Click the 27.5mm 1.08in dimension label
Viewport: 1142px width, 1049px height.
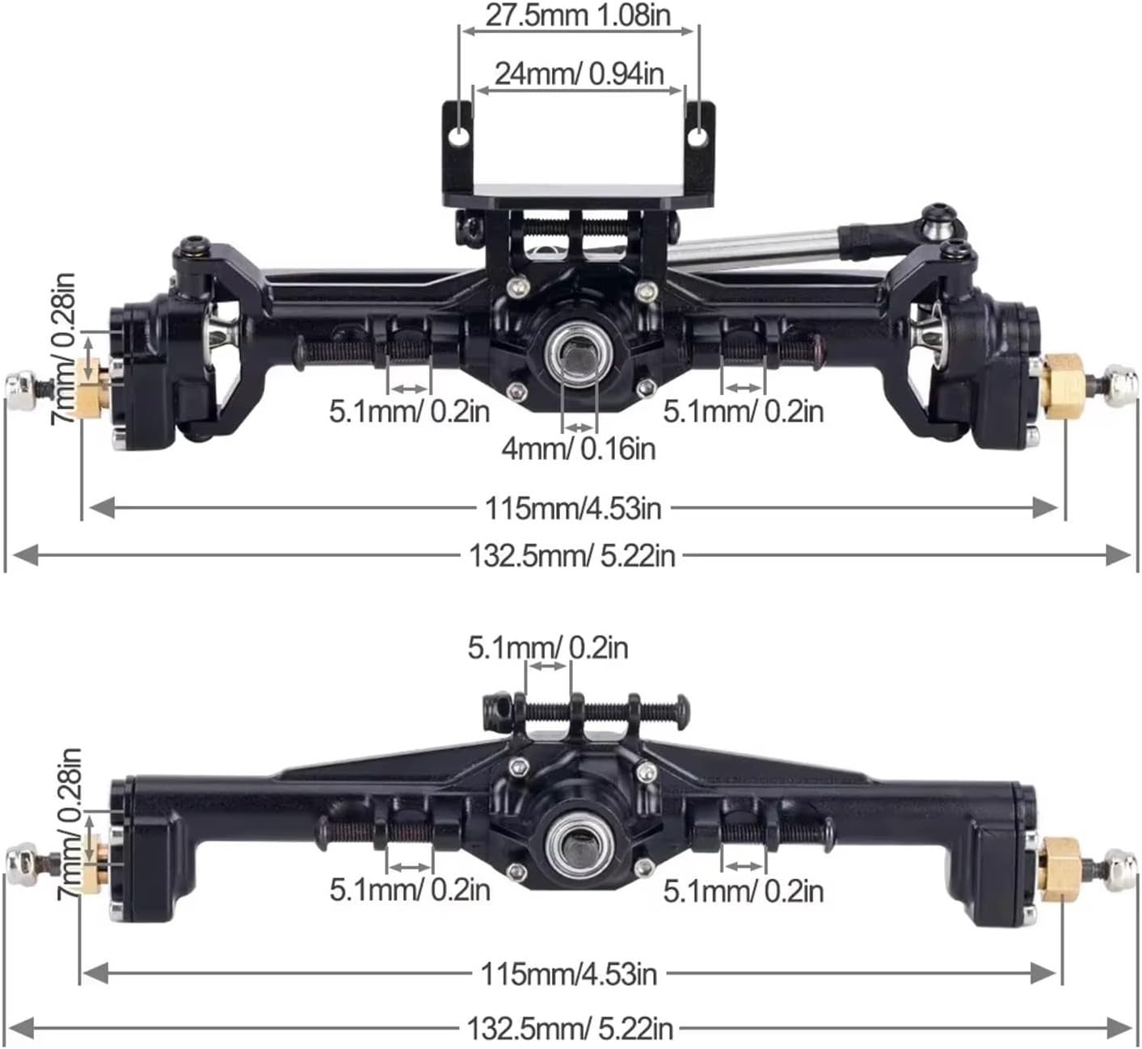click(578, 15)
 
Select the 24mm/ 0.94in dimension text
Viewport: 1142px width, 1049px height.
click(579, 74)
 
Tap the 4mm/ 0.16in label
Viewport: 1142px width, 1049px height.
click(578, 447)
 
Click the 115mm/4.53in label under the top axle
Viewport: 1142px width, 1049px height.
click(572, 508)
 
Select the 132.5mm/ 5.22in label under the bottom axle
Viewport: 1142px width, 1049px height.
click(570, 1029)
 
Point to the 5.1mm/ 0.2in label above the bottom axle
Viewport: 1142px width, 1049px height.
click(548, 647)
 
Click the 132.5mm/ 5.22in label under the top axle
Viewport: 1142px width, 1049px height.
click(571, 555)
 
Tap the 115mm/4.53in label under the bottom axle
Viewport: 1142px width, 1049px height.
click(568, 974)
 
